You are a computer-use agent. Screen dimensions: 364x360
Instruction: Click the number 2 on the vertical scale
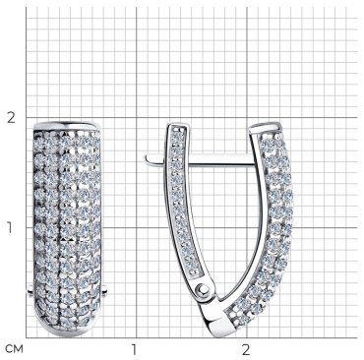click(12, 117)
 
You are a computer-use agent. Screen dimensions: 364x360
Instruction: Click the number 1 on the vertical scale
click(10, 227)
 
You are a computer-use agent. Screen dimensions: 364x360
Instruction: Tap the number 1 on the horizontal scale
click(134, 350)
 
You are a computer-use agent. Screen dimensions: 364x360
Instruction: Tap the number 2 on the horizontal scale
click(246, 350)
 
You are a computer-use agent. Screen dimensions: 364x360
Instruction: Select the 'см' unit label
click(15, 349)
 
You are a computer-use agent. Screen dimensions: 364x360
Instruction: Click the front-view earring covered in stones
click(67, 229)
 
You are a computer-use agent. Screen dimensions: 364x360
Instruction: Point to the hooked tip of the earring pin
click(148, 159)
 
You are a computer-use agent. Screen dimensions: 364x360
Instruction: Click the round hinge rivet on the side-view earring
click(203, 289)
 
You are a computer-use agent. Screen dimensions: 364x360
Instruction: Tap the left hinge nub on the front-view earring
click(30, 289)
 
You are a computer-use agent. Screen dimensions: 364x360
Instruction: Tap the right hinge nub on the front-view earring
click(104, 289)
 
